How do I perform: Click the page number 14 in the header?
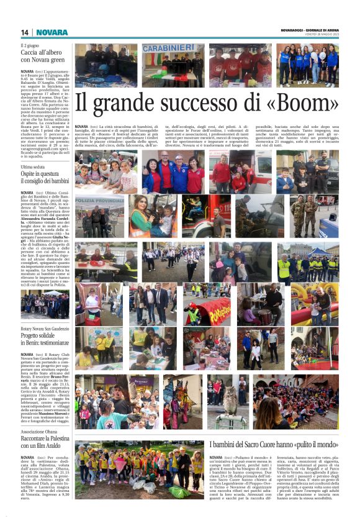[25, 32]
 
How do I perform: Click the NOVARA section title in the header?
[52, 32]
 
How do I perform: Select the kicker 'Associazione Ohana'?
[38, 432]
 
